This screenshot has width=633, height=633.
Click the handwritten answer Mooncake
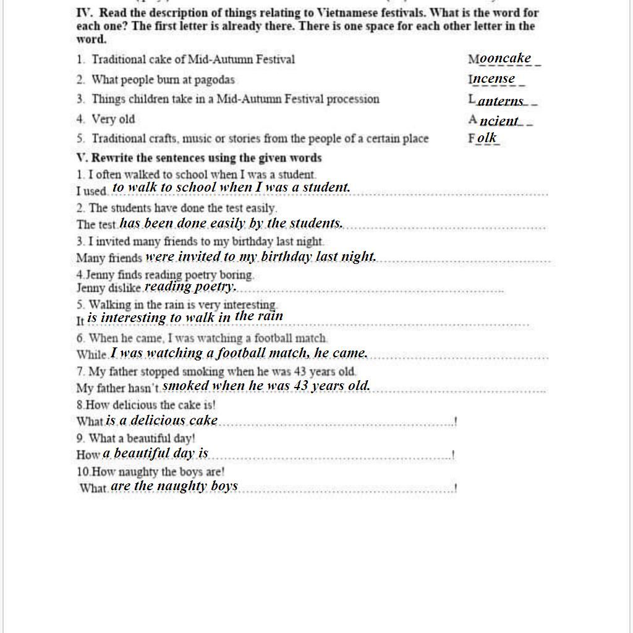(x=504, y=59)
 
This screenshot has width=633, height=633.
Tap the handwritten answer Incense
(x=493, y=79)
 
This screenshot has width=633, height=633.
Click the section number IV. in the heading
(x=85, y=13)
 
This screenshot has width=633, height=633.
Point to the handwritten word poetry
(x=215, y=286)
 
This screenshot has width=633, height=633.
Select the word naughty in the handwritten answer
(x=182, y=486)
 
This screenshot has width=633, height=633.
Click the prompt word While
(x=91, y=355)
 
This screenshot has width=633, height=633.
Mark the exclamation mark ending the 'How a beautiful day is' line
(x=453, y=455)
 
